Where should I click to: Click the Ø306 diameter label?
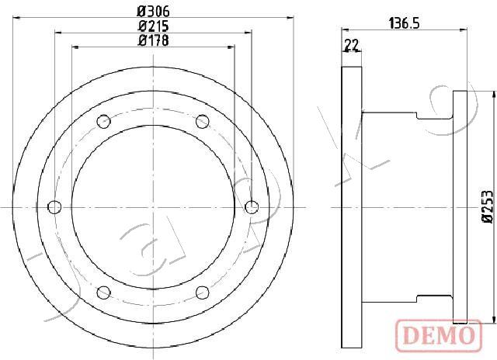[x=154, y=12]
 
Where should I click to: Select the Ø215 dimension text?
[x=154, y=26]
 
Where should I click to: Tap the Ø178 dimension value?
[x=154, y=40]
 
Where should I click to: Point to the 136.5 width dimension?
[x=404, y=23]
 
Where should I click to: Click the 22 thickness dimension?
[x=352, y=45]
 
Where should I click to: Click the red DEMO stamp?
[x=440, y=336]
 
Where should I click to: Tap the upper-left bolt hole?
[x=103, y=122]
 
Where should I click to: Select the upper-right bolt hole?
[x=203, y=122]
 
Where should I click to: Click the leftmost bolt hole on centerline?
[x=54, y=207]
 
